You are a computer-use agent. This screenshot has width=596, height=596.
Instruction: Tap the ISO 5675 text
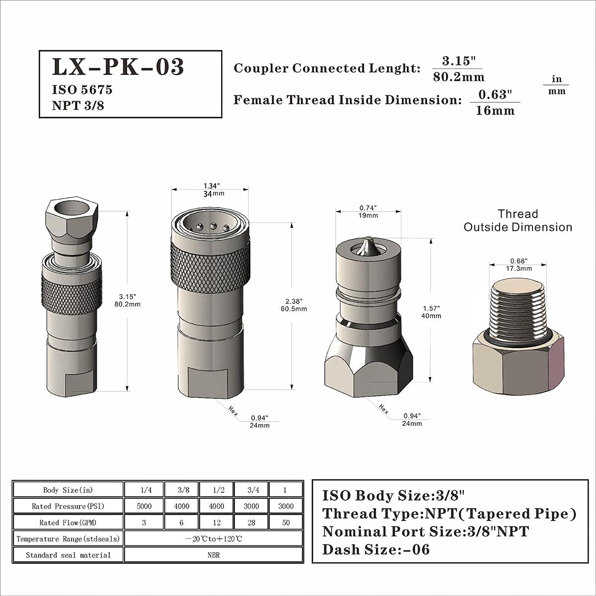point(82,90)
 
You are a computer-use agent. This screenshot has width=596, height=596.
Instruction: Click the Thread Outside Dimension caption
point(518,221)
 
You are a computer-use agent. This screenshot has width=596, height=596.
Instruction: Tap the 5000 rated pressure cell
point(144,506)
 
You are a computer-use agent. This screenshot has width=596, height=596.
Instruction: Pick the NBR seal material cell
point(214,555)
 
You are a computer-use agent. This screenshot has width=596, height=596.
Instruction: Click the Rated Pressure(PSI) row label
point(68,506)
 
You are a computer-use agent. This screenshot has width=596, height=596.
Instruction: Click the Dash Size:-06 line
point(376,550)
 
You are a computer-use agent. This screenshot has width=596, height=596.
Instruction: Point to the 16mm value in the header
point(495,110)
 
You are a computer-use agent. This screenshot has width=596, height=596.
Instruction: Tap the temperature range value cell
point(214,538)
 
